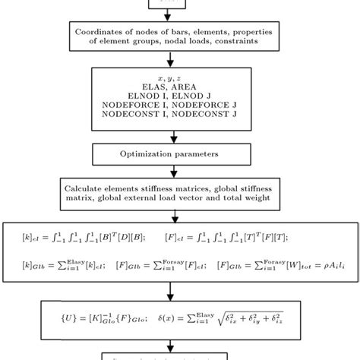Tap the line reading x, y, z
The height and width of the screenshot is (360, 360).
click(179, 78)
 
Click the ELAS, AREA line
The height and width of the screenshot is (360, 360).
click(179, 88)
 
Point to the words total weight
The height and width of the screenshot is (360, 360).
click(243, 197)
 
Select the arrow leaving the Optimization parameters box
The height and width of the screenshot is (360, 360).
click(179, 170)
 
